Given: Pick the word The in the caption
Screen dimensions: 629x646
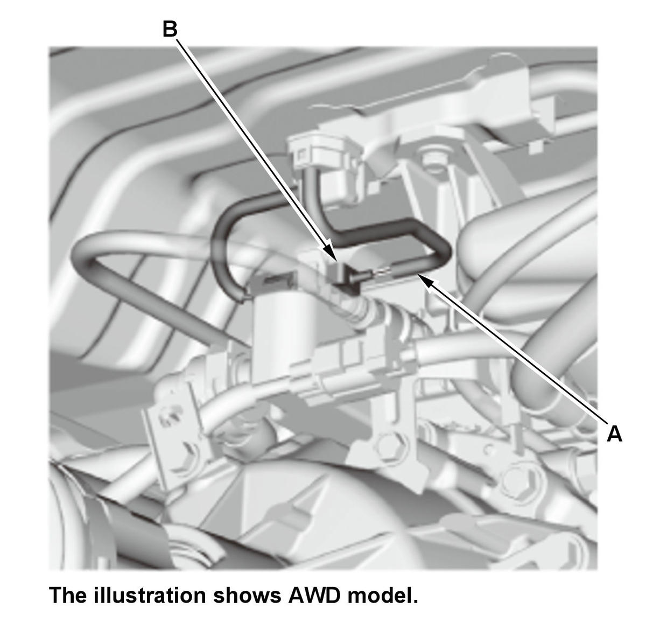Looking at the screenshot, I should point(70,595).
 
